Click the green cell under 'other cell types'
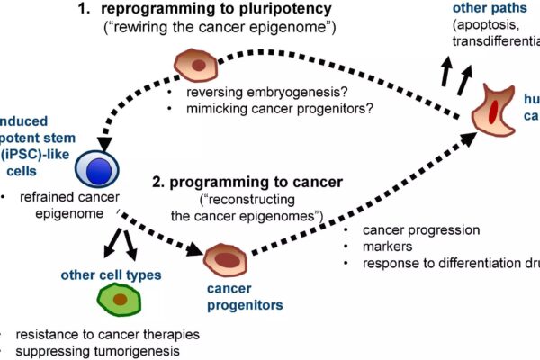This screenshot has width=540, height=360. [x=119, y=298]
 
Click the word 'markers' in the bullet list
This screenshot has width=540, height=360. [x=386, y=247]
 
